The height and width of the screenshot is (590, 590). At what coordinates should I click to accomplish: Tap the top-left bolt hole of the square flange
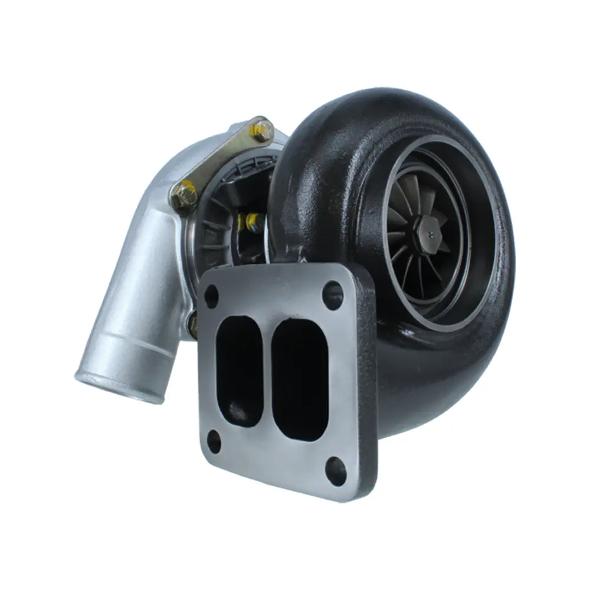(x=211, y=296)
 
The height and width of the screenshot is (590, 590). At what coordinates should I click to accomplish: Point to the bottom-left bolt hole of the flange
(x=214, y=441)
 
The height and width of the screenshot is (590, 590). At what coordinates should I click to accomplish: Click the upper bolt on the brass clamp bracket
(x=260, y=128)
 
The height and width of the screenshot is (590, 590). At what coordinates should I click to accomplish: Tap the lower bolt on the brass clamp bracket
(x=183, y=195)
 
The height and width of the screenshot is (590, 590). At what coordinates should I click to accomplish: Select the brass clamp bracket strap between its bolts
(x=221, y=160)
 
